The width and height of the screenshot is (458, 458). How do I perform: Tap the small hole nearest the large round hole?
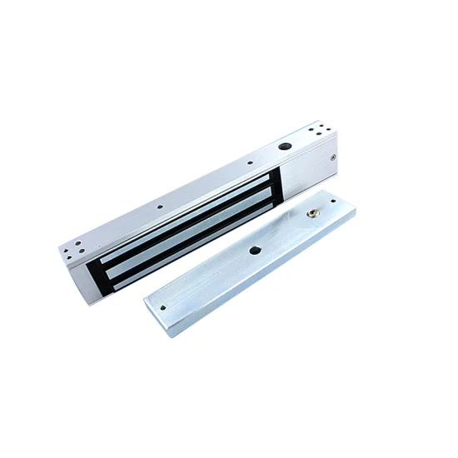point(249,162)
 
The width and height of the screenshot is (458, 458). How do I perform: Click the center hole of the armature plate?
point(253,251)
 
